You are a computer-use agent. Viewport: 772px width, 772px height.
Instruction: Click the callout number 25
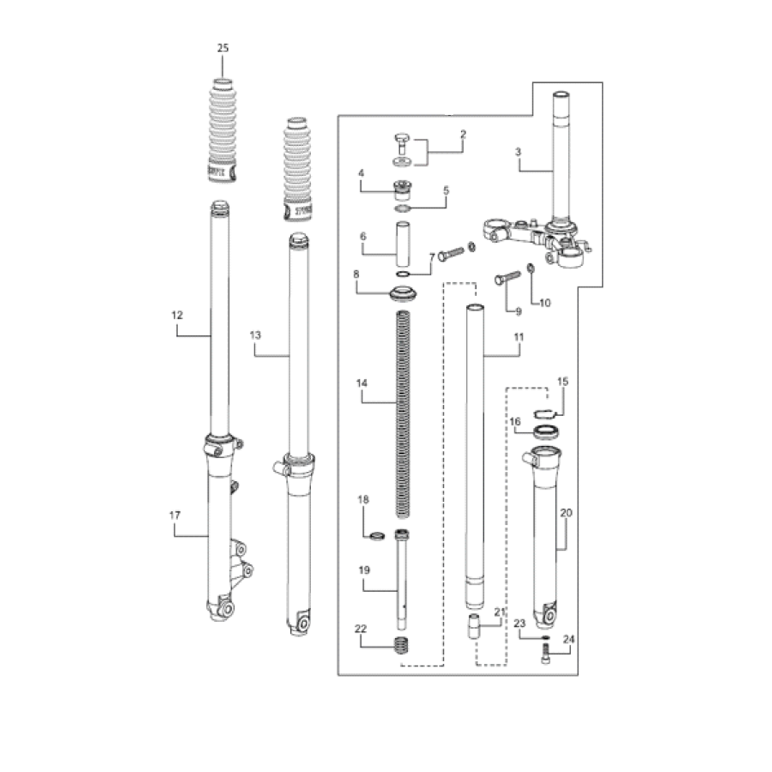point(223,48)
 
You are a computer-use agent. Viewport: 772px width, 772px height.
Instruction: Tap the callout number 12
point(177,315)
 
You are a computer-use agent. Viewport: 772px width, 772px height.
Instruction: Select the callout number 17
point(174,515)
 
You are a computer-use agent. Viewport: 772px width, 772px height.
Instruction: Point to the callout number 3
point(518,152)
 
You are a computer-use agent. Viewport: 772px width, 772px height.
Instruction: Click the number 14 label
point(361,384)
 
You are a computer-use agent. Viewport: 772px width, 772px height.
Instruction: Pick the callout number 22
point(360,628)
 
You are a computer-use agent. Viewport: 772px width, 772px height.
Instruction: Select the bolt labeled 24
point(547,652)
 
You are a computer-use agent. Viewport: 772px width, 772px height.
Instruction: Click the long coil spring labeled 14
point(405,407)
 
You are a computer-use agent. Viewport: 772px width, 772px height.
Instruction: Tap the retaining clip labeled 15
point(548,411)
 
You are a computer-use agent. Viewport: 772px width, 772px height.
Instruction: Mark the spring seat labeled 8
point(405,294)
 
